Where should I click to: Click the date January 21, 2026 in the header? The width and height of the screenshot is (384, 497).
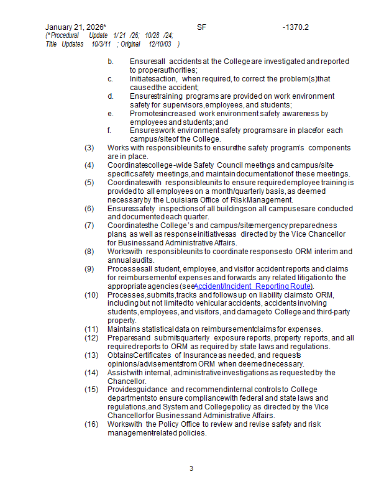[x=75, y=27]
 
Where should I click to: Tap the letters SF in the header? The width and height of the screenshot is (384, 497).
[x=201, y=27]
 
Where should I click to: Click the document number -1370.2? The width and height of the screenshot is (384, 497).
[x=295, y=27]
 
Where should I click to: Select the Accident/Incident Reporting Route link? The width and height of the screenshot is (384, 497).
[x=253, y=286]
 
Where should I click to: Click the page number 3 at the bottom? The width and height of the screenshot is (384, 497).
[x=191, y=468]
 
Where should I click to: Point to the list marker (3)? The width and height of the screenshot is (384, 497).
[x=89, y=148]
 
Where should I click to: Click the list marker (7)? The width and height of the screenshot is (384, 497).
[x=89, y=226]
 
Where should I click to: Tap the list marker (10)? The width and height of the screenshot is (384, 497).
[x=91, y=294]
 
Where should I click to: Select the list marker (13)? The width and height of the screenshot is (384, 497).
[x=91, y=355]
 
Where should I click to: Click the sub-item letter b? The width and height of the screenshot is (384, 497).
[x=110, y=62]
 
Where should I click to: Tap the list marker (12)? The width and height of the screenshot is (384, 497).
[x=91, y=337]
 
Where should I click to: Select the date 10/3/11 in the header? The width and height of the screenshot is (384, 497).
[x=101, y=45]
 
